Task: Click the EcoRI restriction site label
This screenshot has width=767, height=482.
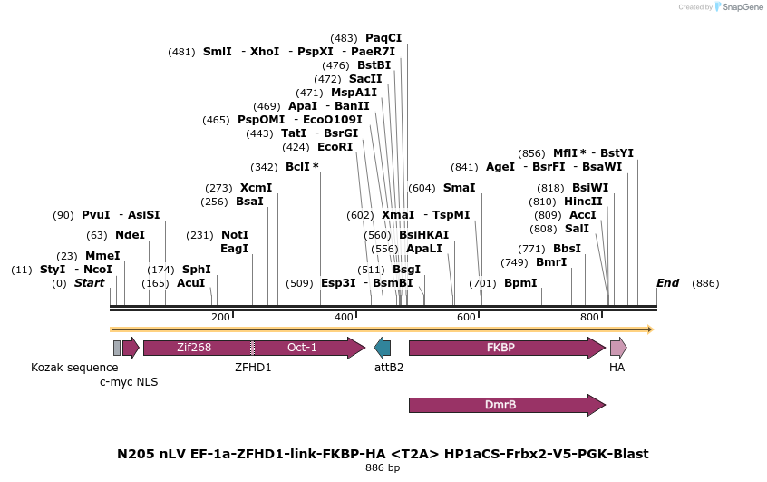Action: click(x=335, y=147)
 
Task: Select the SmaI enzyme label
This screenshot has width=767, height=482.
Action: click(x=459, y=188)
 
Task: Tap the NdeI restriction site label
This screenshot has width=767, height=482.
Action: click(x=130, y=235)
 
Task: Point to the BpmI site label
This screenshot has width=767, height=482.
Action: click(x=520, y=283)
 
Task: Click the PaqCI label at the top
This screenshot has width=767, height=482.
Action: click(x=383, y=38)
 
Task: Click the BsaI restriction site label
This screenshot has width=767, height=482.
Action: click(x=249, y=202)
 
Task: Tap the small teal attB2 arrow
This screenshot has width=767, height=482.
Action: click(x=383, y=348)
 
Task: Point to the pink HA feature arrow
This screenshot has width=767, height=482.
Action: click(x=617, y=348)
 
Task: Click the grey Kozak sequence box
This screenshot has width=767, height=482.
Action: click(x=116, y=348)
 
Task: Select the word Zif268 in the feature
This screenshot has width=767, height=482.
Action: click(x=194, y=348)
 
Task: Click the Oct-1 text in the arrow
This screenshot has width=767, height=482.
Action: click(x=302, y=348)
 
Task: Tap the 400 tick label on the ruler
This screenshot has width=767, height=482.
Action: click(x=344, y=317)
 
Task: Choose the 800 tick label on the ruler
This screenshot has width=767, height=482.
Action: click(x=589, y=317)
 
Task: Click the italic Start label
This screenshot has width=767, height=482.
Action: click(x=89, y=283)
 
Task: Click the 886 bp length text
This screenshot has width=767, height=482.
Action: click(x=382, y=468)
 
